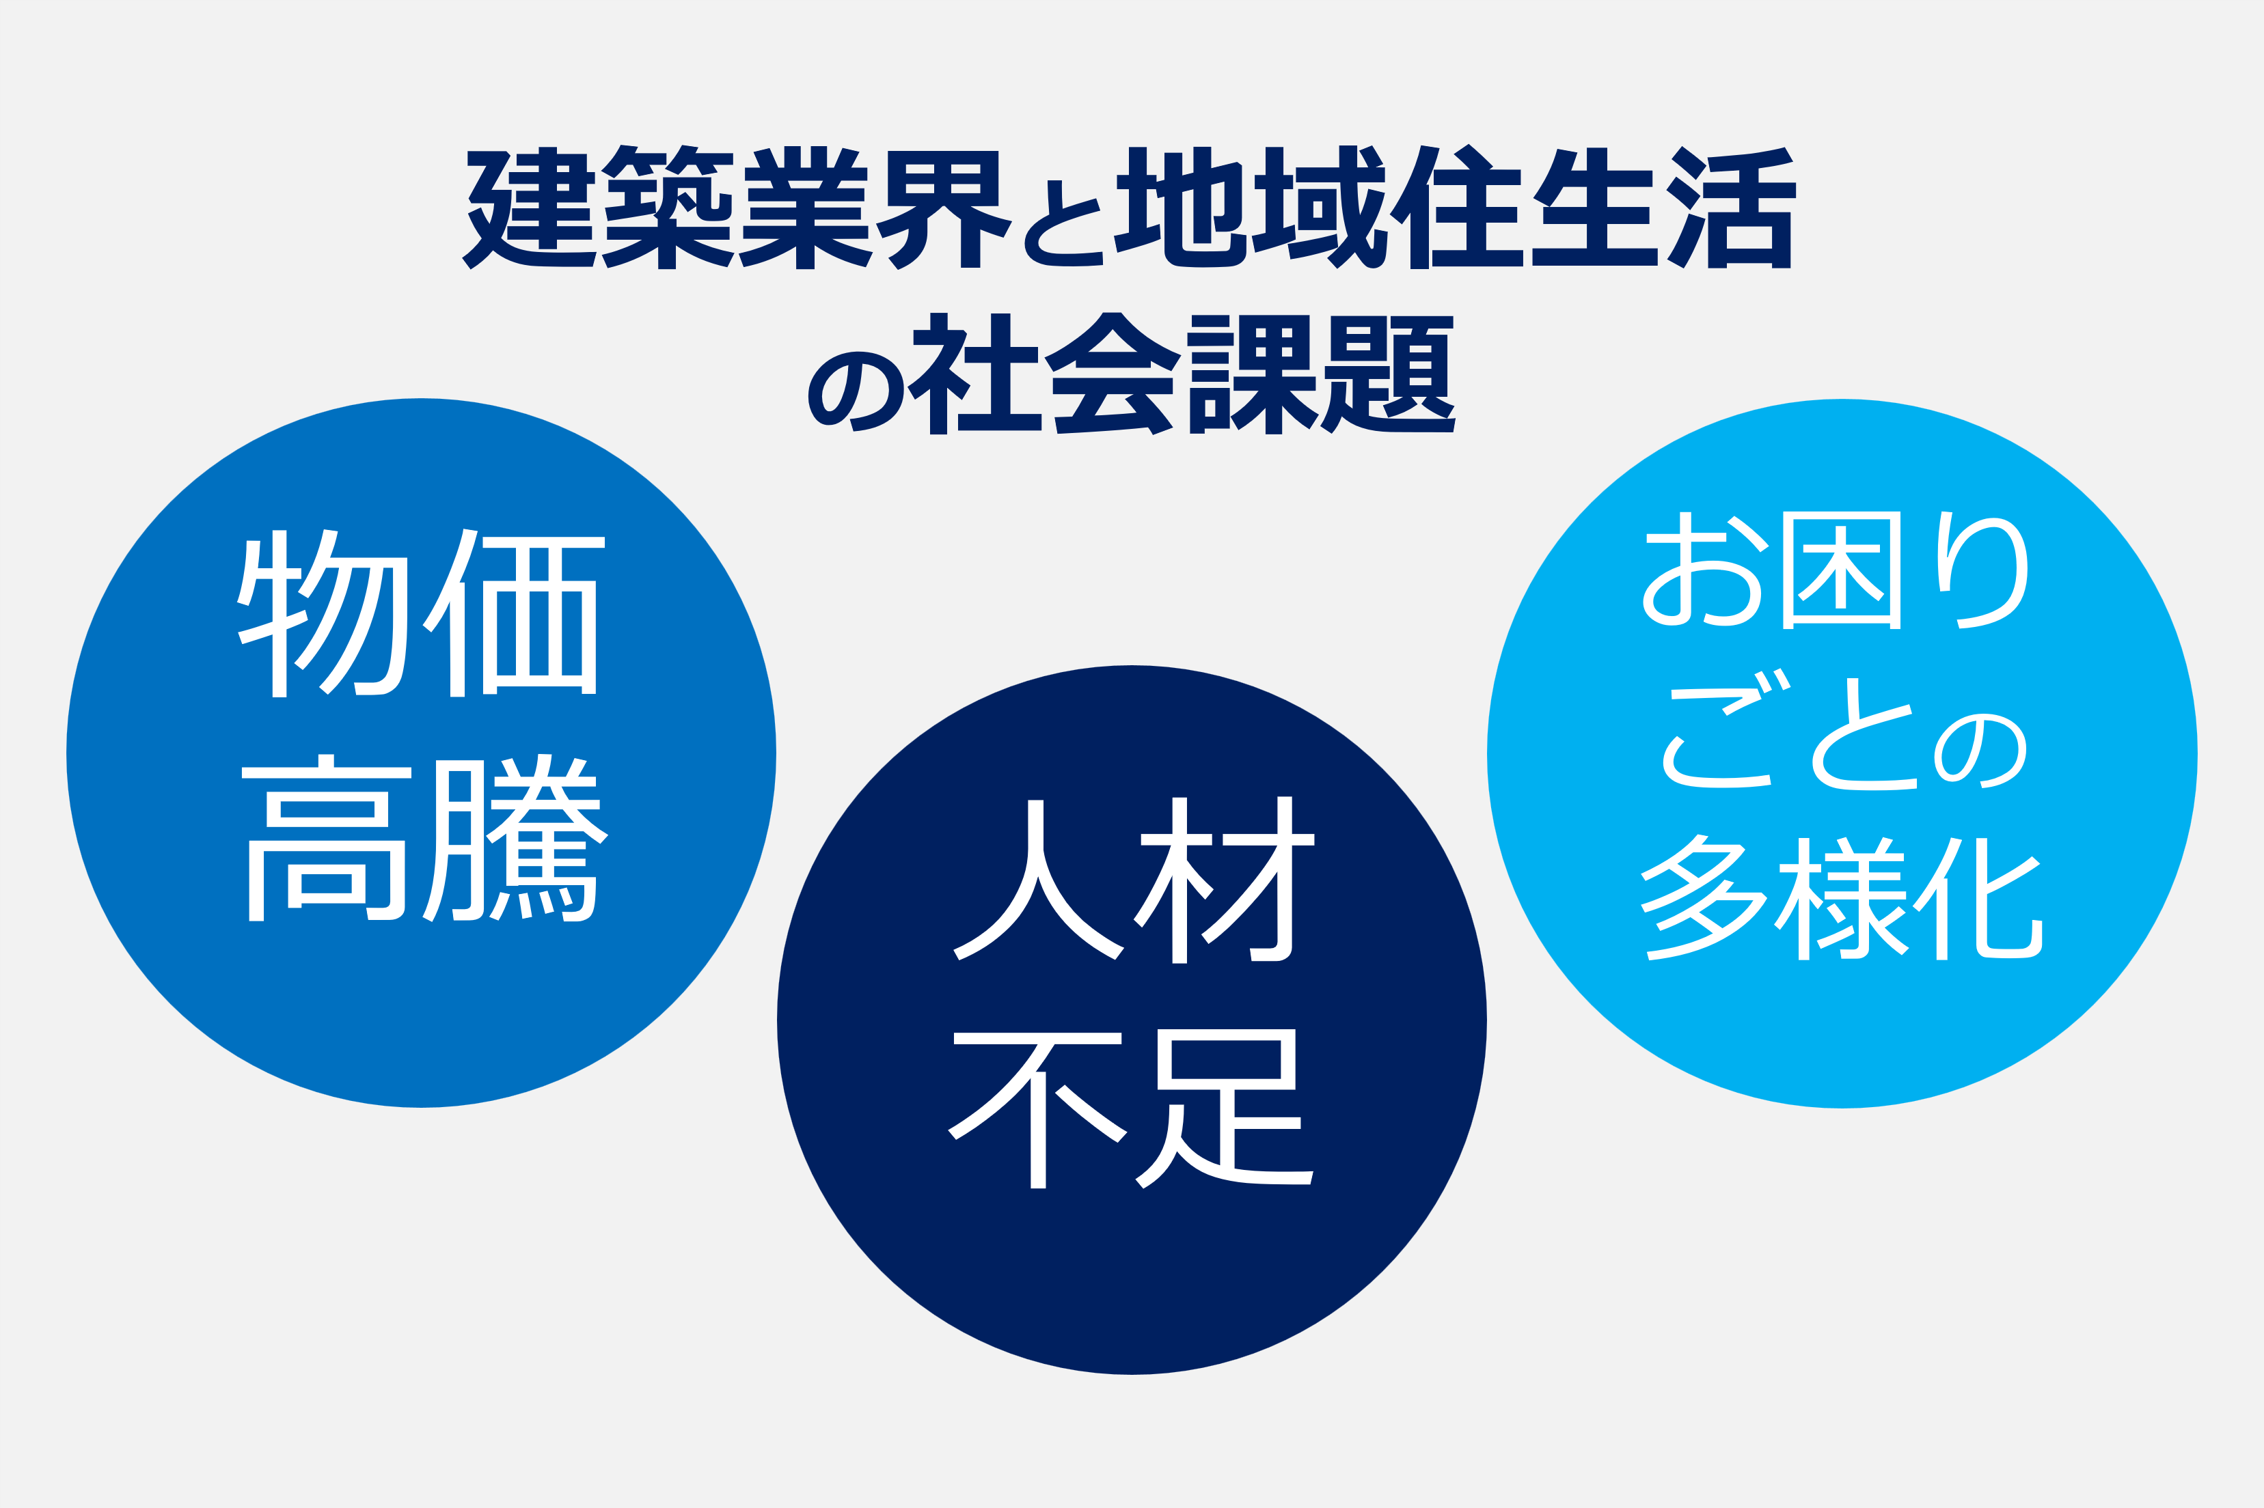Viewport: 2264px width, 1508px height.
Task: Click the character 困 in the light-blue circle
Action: pos(1842,570)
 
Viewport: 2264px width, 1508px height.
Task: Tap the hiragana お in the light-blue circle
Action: pos(1702,570)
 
